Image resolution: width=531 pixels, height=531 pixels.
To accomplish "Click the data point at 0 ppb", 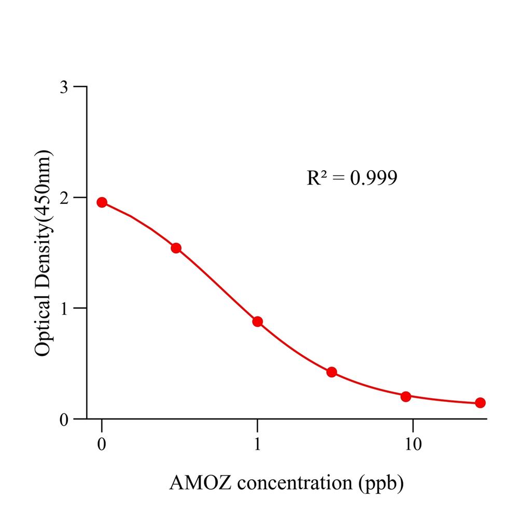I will pyautogui.click(x=102, y=202).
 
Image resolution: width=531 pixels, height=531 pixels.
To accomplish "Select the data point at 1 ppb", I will pyautogui.click(x=258, y=322).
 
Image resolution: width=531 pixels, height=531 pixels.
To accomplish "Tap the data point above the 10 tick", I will pyautogui.click(x=406, y=397).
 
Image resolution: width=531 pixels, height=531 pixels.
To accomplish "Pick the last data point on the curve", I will pyautogui.click(x=480, y=402).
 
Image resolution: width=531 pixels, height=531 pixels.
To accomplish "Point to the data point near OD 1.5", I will pyautogui.click(x=176, y=248).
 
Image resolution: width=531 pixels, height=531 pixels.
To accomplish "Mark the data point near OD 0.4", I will pyautogui.click(x=332, y=372).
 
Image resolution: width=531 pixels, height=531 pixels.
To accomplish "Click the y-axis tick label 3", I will pyautogui.click(x=64, y=87).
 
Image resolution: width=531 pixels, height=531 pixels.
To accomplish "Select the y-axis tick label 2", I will pyautogui.click(x=64, y=198).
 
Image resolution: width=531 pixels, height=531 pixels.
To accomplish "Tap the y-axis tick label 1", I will pyautogui.click(x=64, y=308).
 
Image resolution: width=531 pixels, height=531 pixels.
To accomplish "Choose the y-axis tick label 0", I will pyautogui.click(x=64, y=419).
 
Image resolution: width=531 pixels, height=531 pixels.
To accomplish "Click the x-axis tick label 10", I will pyautogui.click(x=413, y=445).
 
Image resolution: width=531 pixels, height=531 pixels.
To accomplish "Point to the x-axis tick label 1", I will pyautogui.click(x=258, y=445).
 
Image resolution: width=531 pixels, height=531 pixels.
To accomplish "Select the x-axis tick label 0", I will pyautogui.click(x=102, y=445).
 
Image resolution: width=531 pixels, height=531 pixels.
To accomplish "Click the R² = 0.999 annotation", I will pyautogui.click(x=352, y=178).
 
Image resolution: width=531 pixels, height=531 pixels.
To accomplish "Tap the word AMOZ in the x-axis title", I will pyautogui.click(x=195, y=483).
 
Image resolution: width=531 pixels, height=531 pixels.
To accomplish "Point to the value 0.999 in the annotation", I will pyautogui.click(x=374, y=178).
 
